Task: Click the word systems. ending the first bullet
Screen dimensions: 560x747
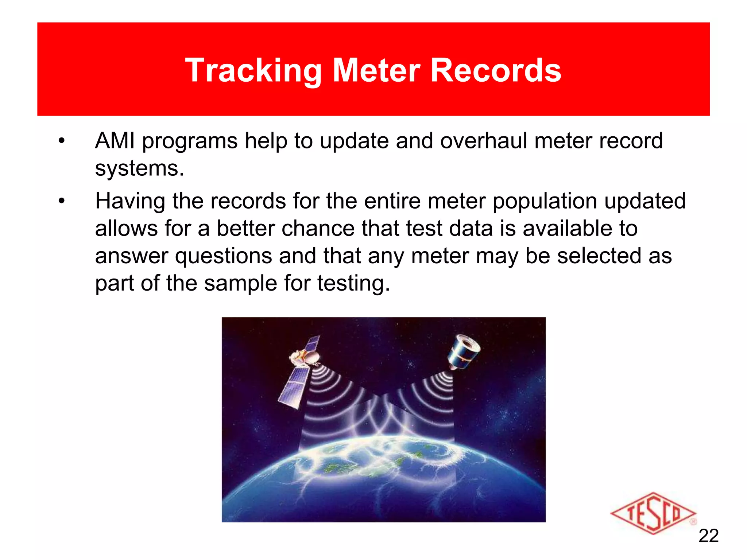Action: pos(140,168)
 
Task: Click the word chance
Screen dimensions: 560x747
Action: pos(318,229)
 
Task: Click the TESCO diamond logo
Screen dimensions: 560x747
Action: pos(653,513)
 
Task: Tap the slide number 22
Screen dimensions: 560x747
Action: pos(708,536)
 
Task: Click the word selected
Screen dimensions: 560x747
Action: pos(599,256)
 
